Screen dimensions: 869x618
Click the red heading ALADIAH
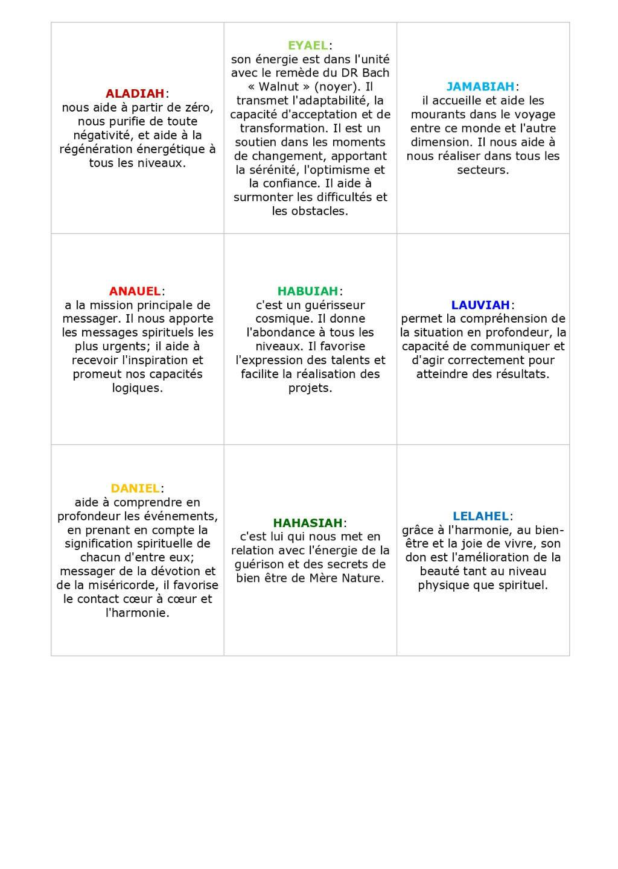135,93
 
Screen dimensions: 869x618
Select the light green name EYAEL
307,45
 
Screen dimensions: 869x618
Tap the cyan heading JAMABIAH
480,87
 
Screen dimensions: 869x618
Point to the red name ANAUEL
135,291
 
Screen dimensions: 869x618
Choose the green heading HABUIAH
307,291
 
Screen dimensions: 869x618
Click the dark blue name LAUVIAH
480,305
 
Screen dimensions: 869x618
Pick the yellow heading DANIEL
135,488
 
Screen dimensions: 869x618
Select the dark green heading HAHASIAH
307,523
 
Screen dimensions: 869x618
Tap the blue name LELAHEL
480,516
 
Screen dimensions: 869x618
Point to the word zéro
199,107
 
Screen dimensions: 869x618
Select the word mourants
439,115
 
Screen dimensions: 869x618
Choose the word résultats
521,374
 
